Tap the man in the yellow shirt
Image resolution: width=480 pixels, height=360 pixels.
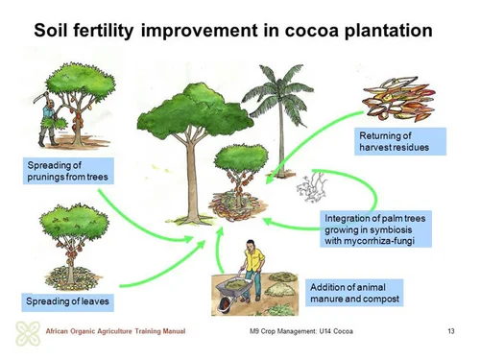pos(252,268)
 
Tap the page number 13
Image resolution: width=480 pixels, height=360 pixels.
pos(450,332)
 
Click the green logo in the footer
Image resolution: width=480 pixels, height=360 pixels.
pos(26,333)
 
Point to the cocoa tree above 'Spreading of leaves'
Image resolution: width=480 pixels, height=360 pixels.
pos(67,240)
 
